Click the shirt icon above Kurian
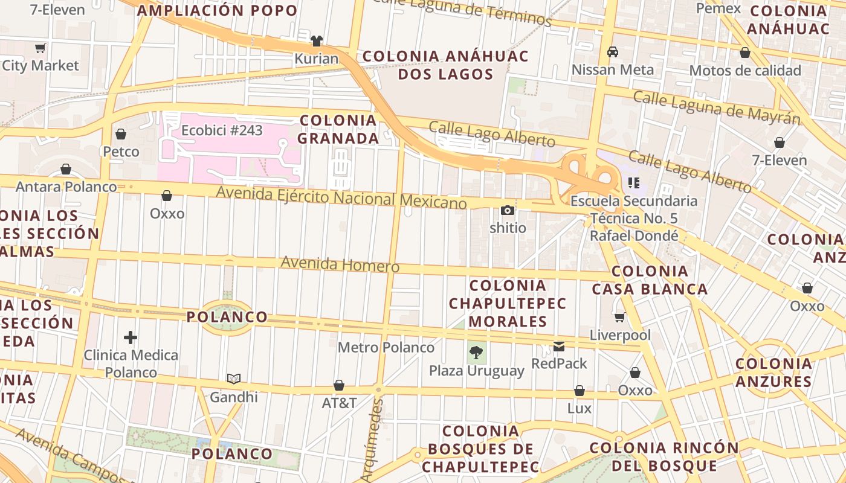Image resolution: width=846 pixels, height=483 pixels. [x=316, y=41]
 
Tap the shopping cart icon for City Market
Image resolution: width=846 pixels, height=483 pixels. [x=40, y=48]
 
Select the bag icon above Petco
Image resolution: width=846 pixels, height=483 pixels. [x=121, y=134]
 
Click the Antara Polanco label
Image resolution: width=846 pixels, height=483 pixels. [x=66, y=187]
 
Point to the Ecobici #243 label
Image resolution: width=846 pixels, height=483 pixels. [x=222, y=130]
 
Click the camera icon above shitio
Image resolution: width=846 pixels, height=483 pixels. [x=508, y=210]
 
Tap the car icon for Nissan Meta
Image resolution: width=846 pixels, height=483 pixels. [x=613, y=52]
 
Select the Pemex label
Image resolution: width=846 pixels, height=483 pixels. [x=718, y=8]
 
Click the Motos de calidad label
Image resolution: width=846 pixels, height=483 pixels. [x=745, y=71]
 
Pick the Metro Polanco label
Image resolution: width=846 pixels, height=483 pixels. [x=386, y=348]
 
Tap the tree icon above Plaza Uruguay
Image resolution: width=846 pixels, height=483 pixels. [x=476, y=353]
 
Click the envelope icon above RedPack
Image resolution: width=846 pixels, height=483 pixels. [x=559, y=347]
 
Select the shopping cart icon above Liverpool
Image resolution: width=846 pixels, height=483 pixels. [x=620, y=317]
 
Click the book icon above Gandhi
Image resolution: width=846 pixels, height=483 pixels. [x=234, y=379]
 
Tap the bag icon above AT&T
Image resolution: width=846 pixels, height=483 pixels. [x=339, y=385]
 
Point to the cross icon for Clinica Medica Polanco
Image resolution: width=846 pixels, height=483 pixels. [x=131, y=337]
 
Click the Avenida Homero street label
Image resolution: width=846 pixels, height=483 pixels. [x=340, y=264]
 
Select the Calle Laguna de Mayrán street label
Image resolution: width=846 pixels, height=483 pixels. [x=716, y=107]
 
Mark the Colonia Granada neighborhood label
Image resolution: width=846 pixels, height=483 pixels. [x=338, y=129]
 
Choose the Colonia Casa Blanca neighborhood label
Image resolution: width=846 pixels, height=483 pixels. [x=650, y=280]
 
